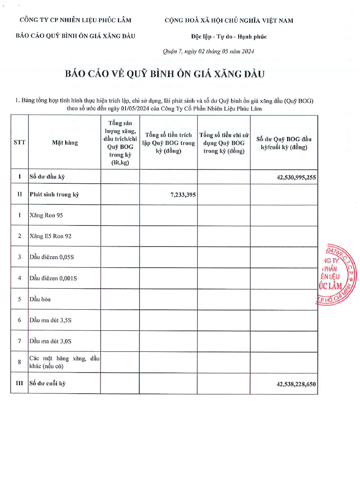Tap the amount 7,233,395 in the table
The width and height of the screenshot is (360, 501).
183,195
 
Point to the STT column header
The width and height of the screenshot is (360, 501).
19,142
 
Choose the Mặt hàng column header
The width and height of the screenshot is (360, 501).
65,142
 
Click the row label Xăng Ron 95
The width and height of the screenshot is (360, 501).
46,215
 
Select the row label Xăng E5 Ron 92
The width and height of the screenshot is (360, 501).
51,236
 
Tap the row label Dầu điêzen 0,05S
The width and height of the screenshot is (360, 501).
52,257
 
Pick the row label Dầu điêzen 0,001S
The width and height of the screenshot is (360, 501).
53,278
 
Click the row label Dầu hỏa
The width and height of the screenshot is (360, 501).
40,299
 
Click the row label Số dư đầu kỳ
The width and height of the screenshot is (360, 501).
46,177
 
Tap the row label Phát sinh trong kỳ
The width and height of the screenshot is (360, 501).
54,194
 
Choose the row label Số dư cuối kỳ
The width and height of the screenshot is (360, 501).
48,383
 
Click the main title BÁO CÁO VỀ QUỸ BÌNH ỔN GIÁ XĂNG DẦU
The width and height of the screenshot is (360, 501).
165,74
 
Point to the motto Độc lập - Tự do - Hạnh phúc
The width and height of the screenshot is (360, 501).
229,37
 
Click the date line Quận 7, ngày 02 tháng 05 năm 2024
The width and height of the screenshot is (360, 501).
208,51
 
